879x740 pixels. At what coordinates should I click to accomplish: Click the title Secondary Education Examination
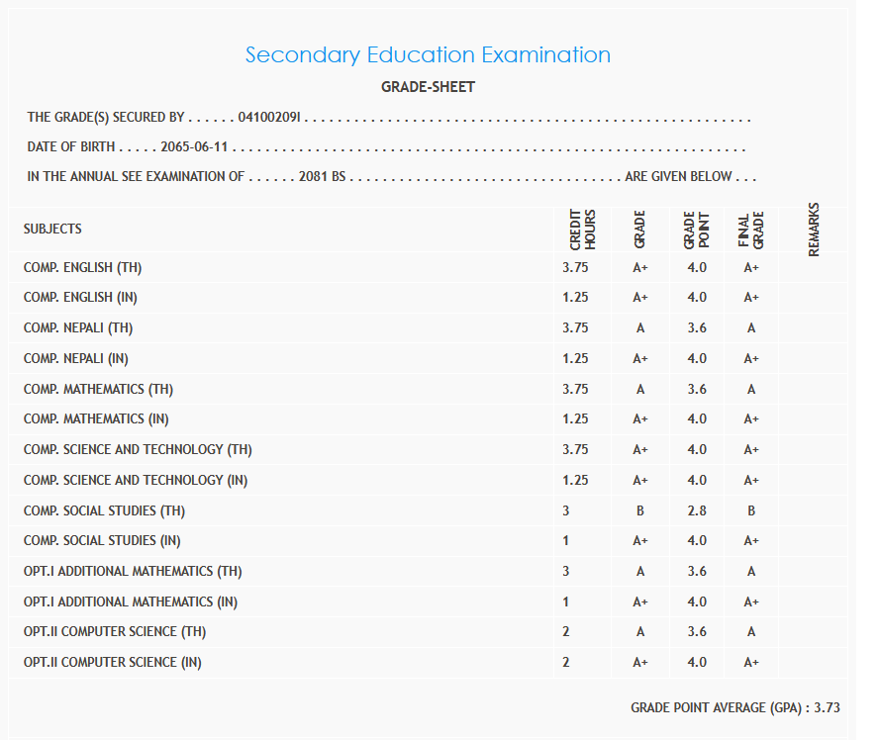pos(428,54)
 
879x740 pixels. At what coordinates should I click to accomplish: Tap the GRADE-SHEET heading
pos(428,87)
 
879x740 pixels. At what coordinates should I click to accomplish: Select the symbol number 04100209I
pos(270,118)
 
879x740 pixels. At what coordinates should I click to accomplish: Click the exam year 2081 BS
pos(321,177)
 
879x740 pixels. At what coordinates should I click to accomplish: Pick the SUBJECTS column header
pos(52,229)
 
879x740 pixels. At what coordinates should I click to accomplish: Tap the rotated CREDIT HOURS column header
pos(582,229)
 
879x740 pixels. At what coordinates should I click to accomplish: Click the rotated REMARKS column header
pos(814,230)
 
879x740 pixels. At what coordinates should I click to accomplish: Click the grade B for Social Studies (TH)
pos(640,510)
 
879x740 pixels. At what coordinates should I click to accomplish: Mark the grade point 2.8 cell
pos(697,510)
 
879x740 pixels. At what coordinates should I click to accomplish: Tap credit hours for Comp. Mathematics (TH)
pos(575,389)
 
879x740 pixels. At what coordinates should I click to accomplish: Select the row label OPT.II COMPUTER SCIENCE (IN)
pos(113,662)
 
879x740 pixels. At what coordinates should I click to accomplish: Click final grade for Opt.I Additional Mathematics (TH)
pos(751,571)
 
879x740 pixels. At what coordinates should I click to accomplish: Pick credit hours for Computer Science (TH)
pos(566,631)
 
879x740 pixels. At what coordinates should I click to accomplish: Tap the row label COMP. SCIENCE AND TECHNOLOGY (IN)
pos(136,480)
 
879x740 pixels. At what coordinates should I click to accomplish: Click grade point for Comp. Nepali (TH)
pos(697,327)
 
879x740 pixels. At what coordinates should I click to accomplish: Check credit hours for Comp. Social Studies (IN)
pos(566,540)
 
